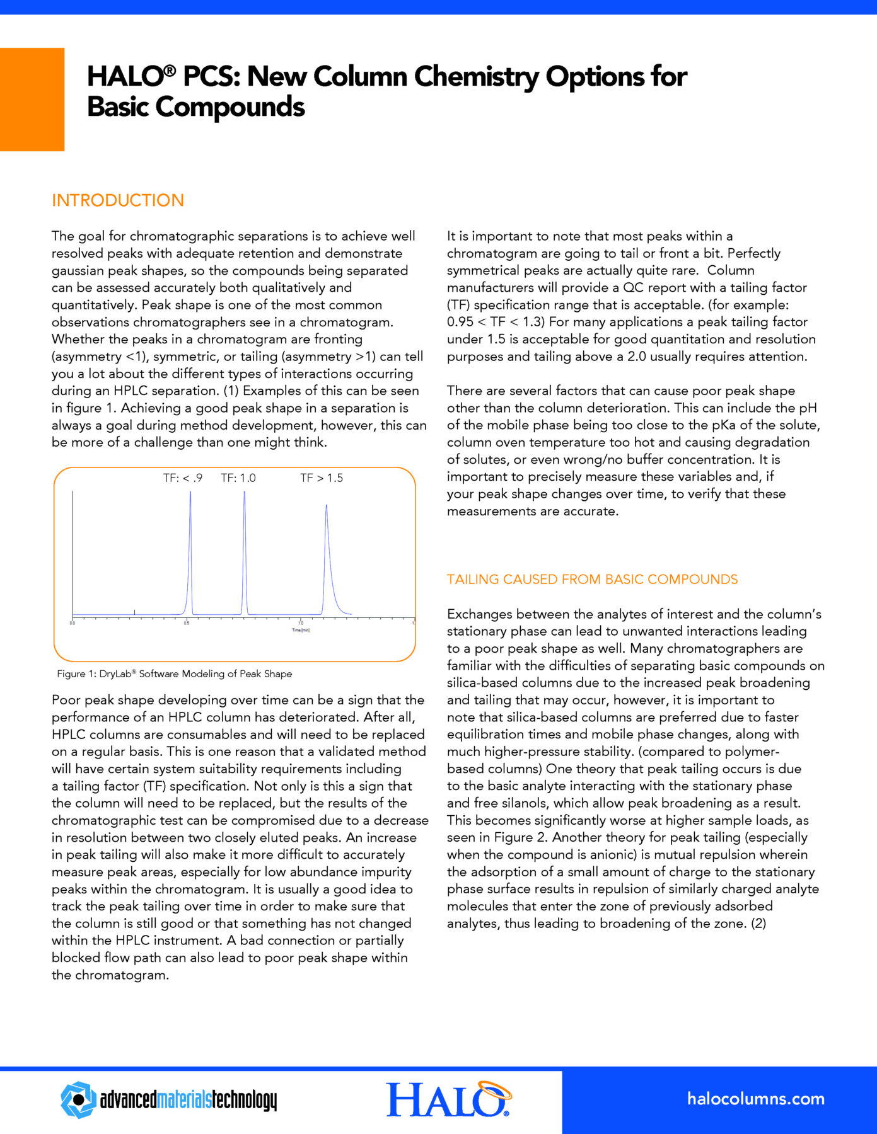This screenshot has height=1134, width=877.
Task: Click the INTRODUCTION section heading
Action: pyautogui.click(x=118, y=200)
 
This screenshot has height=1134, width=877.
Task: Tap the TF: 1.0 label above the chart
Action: pyautogui.click(x=238, y=478)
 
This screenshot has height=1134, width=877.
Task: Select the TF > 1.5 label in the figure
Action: pyautogui.click(x=322, y=478)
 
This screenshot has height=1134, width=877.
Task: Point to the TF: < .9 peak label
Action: pyautogui.click(x=183, y=478)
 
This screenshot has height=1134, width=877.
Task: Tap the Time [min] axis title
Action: pyautogui.click(x=301, y=630)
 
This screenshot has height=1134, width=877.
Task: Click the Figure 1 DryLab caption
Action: pyautogui.click(x=175, y=674)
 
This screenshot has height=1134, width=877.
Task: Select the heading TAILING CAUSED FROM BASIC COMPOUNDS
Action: pyautogui.click(x=592, y=580)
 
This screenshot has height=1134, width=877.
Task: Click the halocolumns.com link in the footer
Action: pyautogui.click(x=755, y=1099)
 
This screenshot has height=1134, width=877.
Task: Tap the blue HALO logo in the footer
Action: pyautogui.click(x=448, y=1099)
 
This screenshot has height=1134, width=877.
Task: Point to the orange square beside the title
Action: pyautogui.click(x=32, y=100)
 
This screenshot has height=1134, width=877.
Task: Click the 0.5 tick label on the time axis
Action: pyautogui.click(x=187, y=623)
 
